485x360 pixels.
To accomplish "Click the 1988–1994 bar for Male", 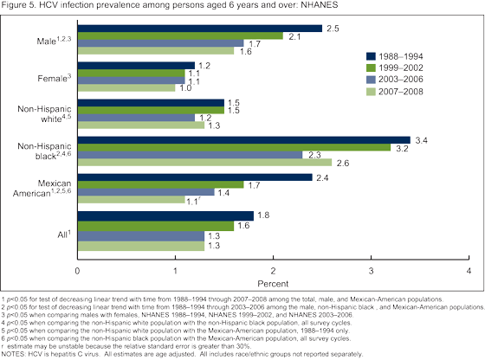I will (199, 28).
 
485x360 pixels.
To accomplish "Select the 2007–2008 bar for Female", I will (126, 87).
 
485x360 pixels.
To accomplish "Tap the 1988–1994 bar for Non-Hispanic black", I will (243, 138).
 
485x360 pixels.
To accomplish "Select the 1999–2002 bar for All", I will (156, 225).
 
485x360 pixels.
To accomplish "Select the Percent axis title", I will (273, 282).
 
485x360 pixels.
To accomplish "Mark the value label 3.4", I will (423, 138).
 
